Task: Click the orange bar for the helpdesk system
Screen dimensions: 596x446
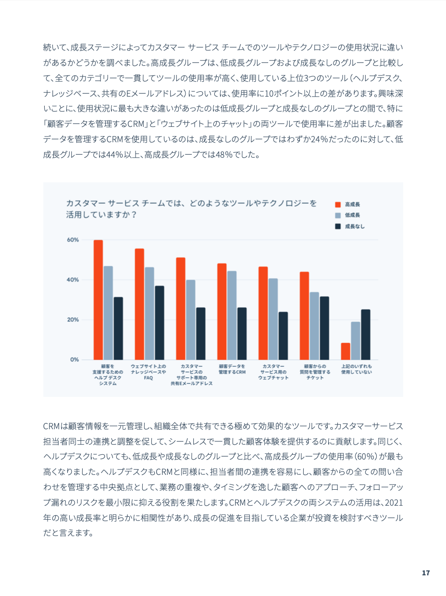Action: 98,299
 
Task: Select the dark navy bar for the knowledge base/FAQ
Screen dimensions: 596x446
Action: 160,323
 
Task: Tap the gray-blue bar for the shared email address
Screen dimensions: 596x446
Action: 191,320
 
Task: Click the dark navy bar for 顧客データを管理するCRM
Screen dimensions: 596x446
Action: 242,334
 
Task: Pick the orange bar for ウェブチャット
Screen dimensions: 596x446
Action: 263,313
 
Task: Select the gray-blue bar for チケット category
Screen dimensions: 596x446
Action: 314,325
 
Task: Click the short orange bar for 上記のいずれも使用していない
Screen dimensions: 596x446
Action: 346,351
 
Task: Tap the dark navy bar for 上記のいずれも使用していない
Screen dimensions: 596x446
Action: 366,335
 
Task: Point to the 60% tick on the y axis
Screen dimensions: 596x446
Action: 73,240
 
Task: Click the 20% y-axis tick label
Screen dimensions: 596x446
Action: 73,320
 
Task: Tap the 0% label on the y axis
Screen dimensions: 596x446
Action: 74,360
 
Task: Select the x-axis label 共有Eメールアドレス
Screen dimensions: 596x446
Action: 191,384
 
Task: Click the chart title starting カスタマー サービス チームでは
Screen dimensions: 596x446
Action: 191,209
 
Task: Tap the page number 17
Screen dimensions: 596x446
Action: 425,573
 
